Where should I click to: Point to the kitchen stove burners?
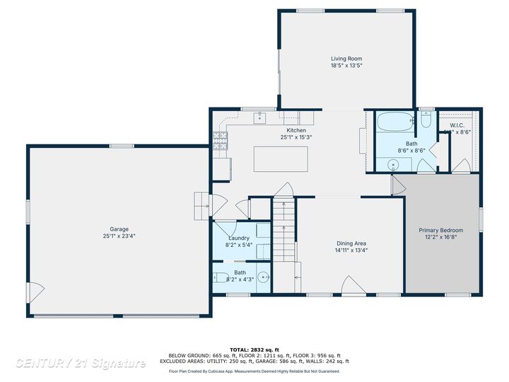click(219, 141)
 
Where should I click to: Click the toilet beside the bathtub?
click(426, 120)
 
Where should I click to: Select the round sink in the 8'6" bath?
click(394, 165)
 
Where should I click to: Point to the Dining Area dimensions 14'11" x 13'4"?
click(351, 250)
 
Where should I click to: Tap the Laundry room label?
click(238, 238)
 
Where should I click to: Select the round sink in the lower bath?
click(263, 277)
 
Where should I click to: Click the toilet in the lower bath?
click(220, 277)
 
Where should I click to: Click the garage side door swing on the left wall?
click(33, 291)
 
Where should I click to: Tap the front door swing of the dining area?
click(351, 286)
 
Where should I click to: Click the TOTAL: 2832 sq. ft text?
click(254, 349)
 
